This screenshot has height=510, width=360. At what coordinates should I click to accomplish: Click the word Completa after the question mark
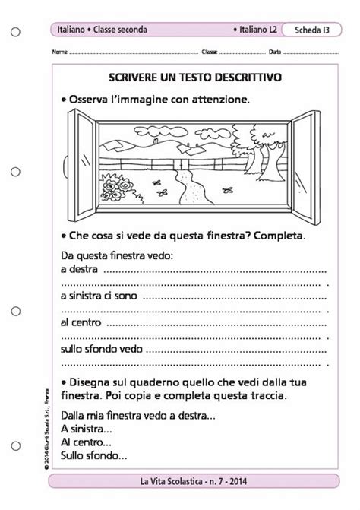(281, 235)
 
